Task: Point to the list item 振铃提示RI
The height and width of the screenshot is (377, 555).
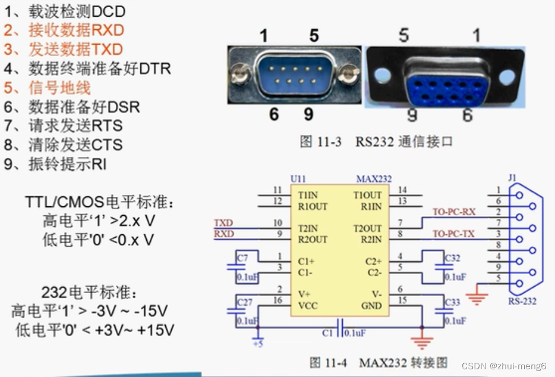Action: pyautogui.click(x=56, y=164)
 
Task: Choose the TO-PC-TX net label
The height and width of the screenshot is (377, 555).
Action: pyautogui.click(x=453, y=234)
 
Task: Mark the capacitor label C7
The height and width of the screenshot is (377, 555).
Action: pyautogui.click(x=242, y=258)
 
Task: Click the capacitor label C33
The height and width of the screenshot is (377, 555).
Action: pyautogui.click(x=452, y=302)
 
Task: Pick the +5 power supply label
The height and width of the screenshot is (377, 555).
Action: pyautogui.click(x=257, y=344)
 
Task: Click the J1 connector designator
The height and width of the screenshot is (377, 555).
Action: pyautogui.click(x=513, y=177)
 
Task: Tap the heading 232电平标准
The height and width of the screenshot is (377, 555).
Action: pyautogui.click(x=90, y=293)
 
